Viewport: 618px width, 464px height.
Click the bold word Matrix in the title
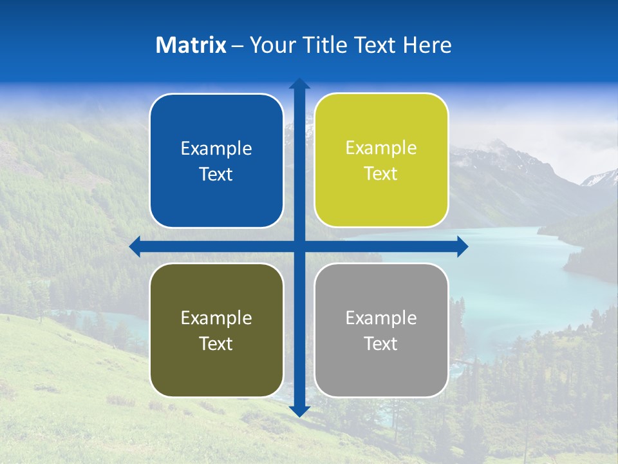tap(191, 45)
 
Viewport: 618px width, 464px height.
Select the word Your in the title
tap(270, 45)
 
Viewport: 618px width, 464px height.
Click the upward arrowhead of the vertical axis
tap(299, 84)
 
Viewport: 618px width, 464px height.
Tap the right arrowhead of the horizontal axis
tap(462, 246)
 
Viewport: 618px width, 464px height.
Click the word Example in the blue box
tap(216, 149)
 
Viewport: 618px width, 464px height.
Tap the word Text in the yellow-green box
tap(381, 174)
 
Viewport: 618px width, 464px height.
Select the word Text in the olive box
tap(216, 343)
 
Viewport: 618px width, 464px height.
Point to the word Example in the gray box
tap(381, 318)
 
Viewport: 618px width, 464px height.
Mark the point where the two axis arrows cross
tap(299, 246)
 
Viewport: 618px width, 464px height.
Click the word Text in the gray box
tap(381, 343)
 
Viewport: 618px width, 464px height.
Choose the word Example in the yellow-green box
tap(381, 148)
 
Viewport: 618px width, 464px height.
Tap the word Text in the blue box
tap(216, 175)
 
